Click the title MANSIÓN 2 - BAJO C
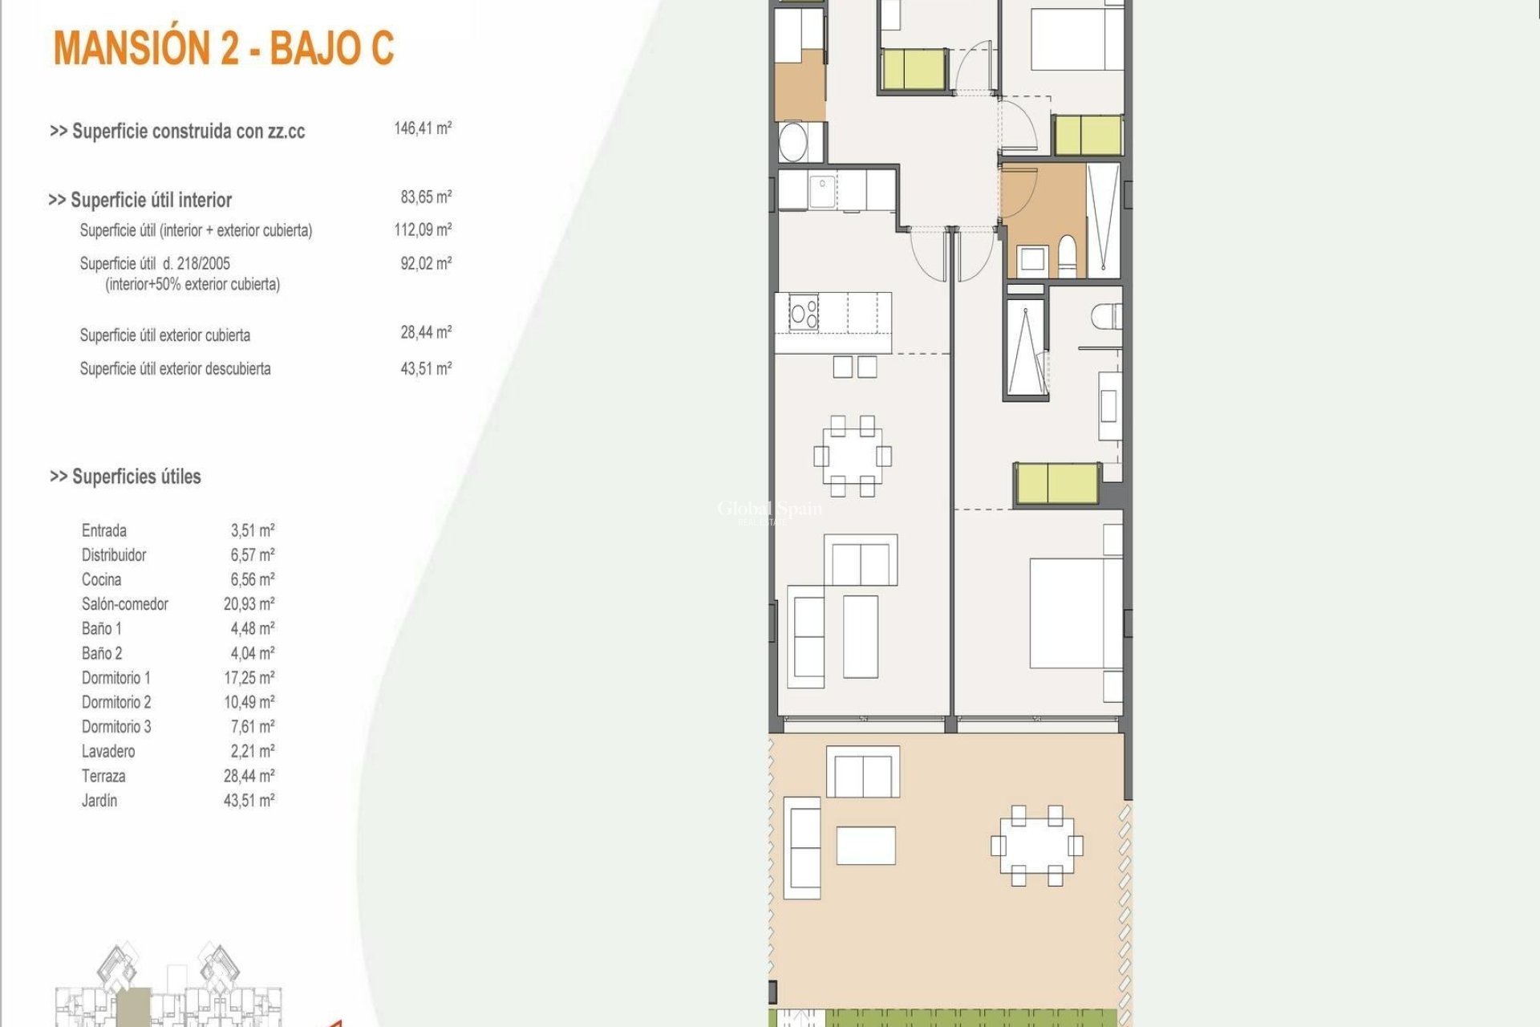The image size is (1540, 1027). coord(224,48)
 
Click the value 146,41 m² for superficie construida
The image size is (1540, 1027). coord(423,128)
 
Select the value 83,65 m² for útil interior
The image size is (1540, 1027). coord(426,197)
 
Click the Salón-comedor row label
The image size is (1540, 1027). coord(124,604)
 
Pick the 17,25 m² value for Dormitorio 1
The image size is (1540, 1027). coord(249,678)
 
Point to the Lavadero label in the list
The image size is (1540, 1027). coord(108,752)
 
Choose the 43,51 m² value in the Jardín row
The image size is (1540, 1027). coord(249,801)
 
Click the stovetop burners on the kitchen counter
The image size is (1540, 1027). coord(804,312)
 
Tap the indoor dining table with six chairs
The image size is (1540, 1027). coord(852,456)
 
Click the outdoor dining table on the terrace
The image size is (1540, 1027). coord(1036,845)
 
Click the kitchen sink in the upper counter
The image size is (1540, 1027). coord(821,192)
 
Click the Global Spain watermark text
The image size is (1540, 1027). coord(768,509)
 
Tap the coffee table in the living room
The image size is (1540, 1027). coord(860,636)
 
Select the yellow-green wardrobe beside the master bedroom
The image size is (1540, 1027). coord(1056,485)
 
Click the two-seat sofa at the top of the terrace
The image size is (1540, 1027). coord(862,773)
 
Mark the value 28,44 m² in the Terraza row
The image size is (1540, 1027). coord(249,776)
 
